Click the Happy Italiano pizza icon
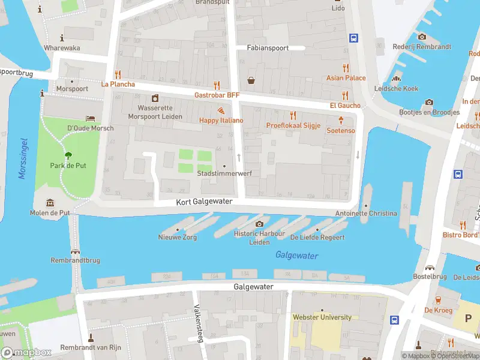(221, 111)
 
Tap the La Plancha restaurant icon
(118, 75)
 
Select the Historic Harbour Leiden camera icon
(259, 224)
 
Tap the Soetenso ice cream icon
(341, 121)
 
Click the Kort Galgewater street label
(204, 202)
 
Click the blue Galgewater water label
(296, 256)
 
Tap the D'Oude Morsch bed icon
(90, 118)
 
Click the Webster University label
(322, 317)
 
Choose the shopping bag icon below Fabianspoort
(251, 80)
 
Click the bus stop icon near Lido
(354, 38)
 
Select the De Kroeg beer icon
(437, 300)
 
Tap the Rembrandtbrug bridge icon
(76, 251)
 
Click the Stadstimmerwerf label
(224, 173)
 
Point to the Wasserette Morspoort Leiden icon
(155, 98)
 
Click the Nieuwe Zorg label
(177, 237)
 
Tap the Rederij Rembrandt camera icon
(422, 37)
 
